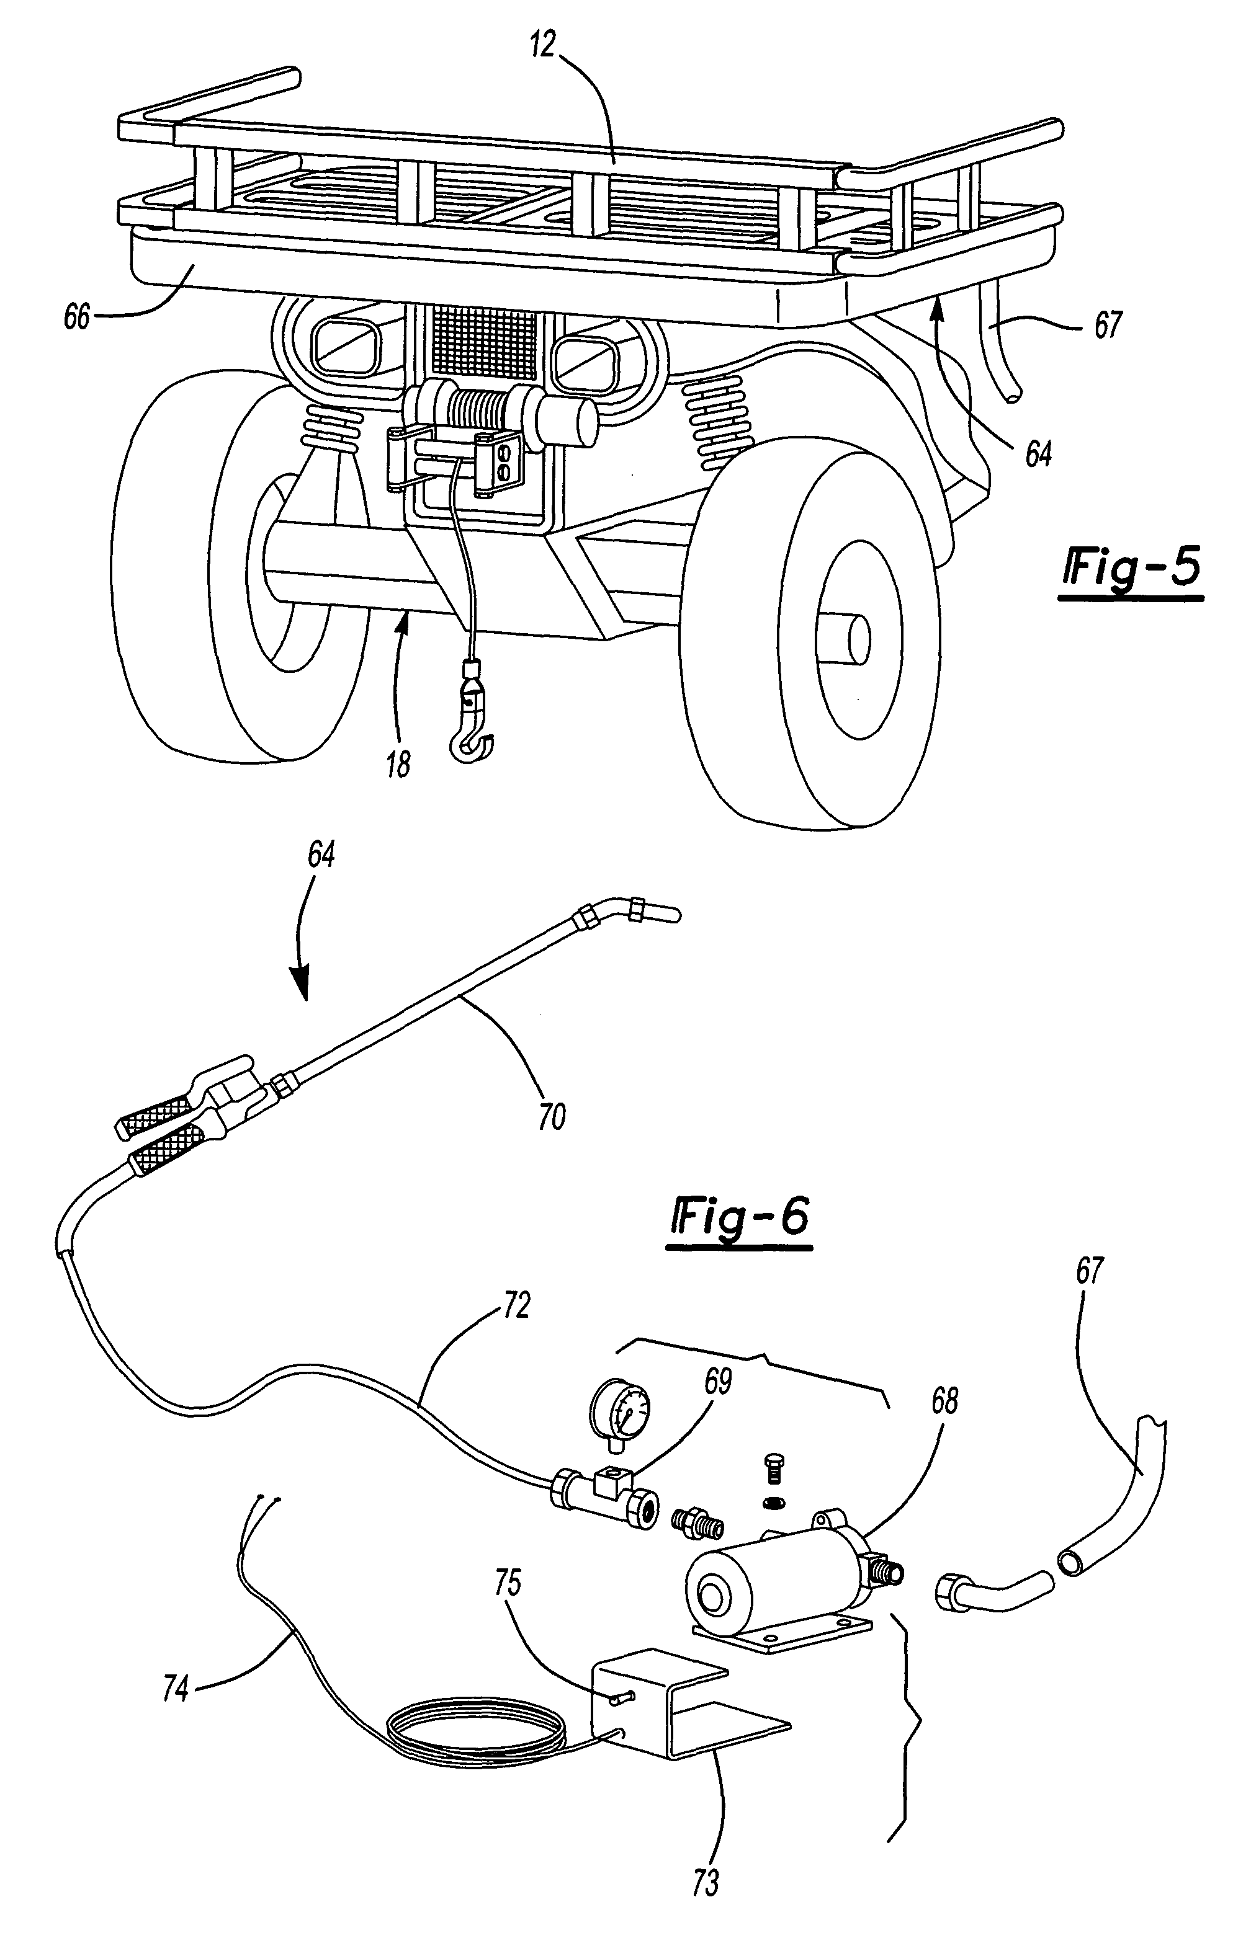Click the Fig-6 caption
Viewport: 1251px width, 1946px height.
(740, 1221)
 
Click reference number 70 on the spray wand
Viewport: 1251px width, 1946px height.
(551, 1117)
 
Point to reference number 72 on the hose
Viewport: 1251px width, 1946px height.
(513, 1305)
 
